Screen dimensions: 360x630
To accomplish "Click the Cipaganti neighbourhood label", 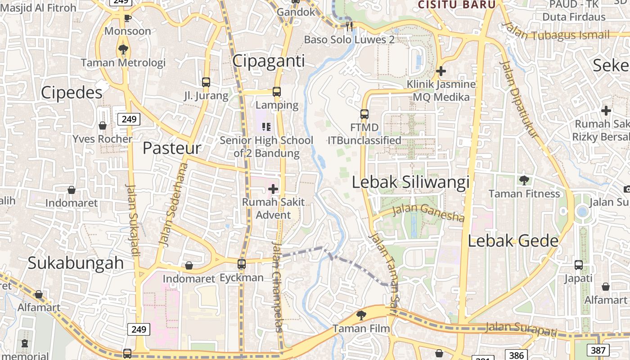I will [269, 61].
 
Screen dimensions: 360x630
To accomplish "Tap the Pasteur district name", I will [172, 148].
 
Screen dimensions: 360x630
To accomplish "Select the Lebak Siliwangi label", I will [410, 182].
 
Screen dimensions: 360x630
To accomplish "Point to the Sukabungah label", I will [76, 263].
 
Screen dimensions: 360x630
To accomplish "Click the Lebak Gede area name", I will [513, 241].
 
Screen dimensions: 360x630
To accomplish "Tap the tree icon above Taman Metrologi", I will [123, 49].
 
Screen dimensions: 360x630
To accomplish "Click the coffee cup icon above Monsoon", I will [127, 18].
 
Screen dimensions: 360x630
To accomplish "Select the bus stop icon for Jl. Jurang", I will [206, 82].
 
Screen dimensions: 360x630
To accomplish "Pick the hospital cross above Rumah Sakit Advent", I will [273, 189].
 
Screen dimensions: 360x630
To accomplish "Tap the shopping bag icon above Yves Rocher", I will [103, 126].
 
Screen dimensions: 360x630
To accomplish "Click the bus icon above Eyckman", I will [242, 264].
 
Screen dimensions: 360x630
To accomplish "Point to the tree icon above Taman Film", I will [361, 315].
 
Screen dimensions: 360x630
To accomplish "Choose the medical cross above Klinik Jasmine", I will [441, 71].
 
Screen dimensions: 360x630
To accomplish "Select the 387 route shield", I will [598, 350].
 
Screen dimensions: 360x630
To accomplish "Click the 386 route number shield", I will [516, 355].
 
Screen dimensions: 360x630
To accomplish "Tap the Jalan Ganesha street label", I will [428, 213].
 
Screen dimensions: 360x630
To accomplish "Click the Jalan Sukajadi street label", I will [133, 220].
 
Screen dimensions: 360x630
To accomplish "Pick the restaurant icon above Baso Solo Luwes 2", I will [350, 26].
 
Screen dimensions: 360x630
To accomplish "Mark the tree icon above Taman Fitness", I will [524, 180].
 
